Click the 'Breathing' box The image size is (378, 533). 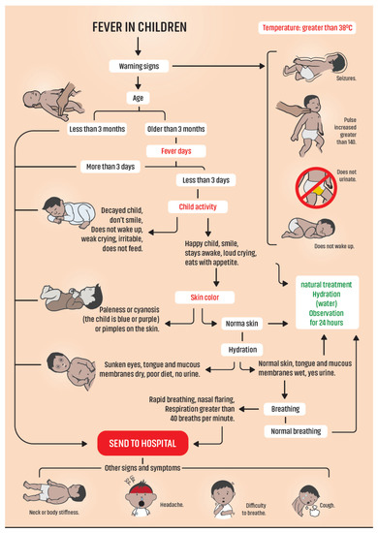283,409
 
